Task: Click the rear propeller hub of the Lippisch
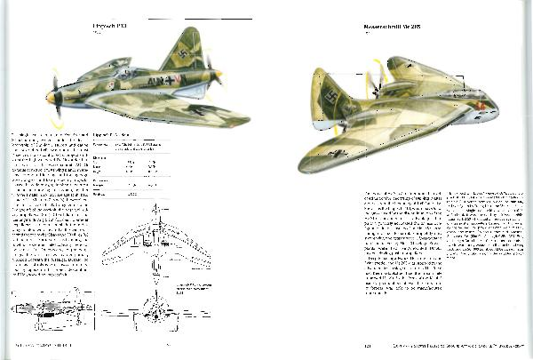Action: click(213, 73)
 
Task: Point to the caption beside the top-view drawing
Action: click(200, 291)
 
